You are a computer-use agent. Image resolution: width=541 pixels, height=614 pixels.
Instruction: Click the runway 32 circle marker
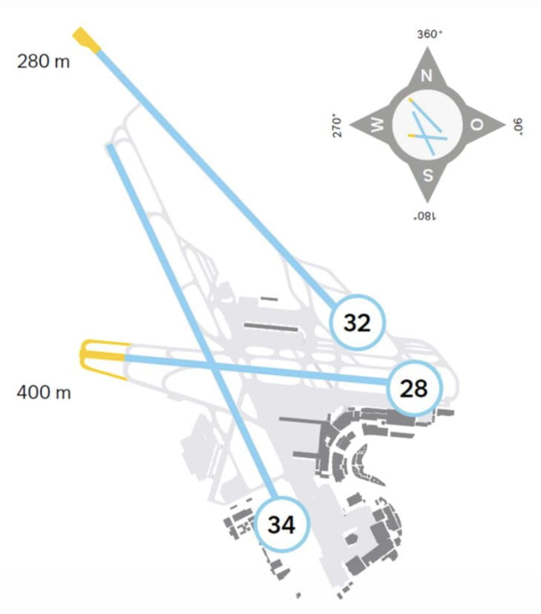point(357,323)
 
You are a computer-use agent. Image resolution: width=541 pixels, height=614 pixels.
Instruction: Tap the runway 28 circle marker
point(414,388)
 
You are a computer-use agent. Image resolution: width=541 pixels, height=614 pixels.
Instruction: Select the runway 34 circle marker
point(282,524)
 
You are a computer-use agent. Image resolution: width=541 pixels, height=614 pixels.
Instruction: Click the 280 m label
point(43,62)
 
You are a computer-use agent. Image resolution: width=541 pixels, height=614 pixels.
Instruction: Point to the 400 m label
point(44,392)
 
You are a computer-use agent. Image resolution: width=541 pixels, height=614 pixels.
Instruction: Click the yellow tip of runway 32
point(86,39)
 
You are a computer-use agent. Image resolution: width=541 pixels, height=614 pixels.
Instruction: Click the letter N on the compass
point(426,75)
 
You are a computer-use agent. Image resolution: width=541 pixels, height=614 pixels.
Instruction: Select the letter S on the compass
point(428,175)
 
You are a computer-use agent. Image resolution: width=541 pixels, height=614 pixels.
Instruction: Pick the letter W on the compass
point(378,125)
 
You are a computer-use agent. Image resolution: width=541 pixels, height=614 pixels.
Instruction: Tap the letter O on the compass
point(476,125)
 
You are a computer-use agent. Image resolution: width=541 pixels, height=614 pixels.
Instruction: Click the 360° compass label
point(429,34)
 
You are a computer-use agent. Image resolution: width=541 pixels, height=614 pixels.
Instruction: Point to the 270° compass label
point(337,125)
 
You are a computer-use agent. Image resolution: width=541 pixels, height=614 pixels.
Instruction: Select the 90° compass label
point(518,126)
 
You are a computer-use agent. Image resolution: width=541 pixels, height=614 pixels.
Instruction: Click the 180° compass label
point(425,216)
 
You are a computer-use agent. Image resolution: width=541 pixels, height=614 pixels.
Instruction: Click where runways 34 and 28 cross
point(211,365)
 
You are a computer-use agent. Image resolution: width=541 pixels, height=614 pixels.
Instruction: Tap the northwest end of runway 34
point(110,147)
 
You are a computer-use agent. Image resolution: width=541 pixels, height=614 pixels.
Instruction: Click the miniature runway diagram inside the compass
point(428,126)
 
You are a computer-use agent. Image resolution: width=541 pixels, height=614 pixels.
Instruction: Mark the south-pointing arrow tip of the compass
point(427,203)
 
